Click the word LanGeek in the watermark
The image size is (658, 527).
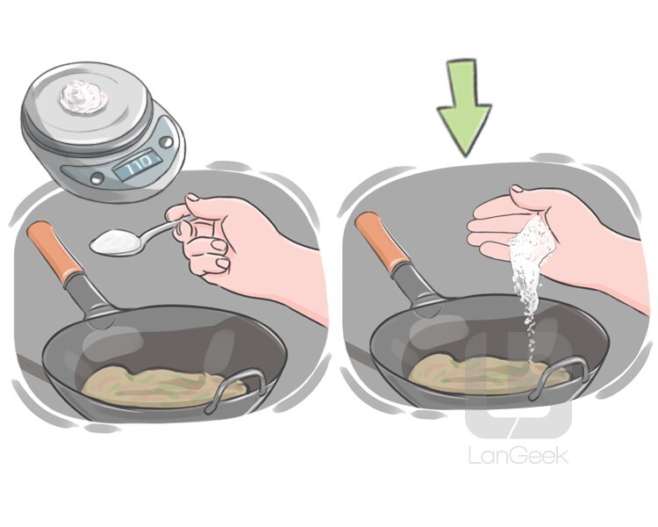(x=518, y=455)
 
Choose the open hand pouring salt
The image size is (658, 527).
(x=526, y=228)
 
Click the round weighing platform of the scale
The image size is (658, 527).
(x=83, y=101)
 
